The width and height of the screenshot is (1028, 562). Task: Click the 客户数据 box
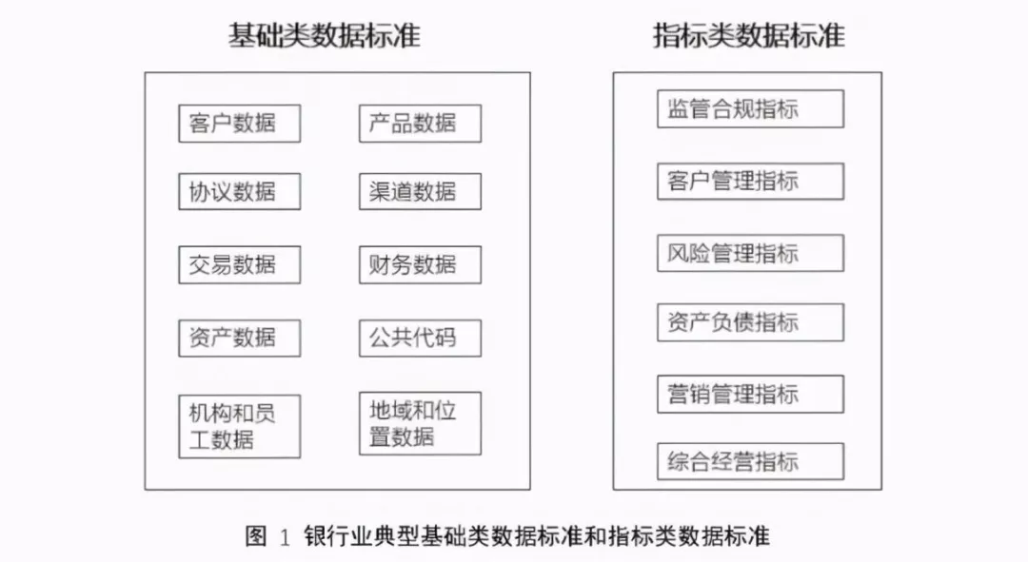[239, 124]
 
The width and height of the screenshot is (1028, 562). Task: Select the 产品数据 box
[420, 124]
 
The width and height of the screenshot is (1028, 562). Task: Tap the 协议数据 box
[239, 192]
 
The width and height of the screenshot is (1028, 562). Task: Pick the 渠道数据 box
[420, 192]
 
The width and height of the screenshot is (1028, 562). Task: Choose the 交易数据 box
[239, 264]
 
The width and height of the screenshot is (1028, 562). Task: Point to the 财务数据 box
[420, 264]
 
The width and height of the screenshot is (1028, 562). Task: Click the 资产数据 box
[239, 338]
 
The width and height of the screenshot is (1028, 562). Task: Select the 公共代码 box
[420, 338]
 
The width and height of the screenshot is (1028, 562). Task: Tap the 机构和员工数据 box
[239, 426]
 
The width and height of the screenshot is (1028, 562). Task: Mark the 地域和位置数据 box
[420, 424]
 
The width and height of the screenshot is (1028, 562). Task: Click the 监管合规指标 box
[750, 108]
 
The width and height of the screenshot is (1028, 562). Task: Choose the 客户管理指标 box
[750, 181]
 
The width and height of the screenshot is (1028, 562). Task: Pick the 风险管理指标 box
[750, 253]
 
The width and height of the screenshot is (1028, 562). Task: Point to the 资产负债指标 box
[750, 322]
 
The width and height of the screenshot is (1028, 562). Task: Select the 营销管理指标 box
[750, 394]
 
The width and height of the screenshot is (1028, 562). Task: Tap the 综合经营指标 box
[750, 462]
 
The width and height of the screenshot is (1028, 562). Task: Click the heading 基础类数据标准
[324, 36]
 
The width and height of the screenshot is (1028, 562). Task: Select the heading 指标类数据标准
[748, 36]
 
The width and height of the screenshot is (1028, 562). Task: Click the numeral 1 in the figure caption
[285, 537]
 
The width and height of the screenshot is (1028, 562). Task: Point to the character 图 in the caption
[256, 536]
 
